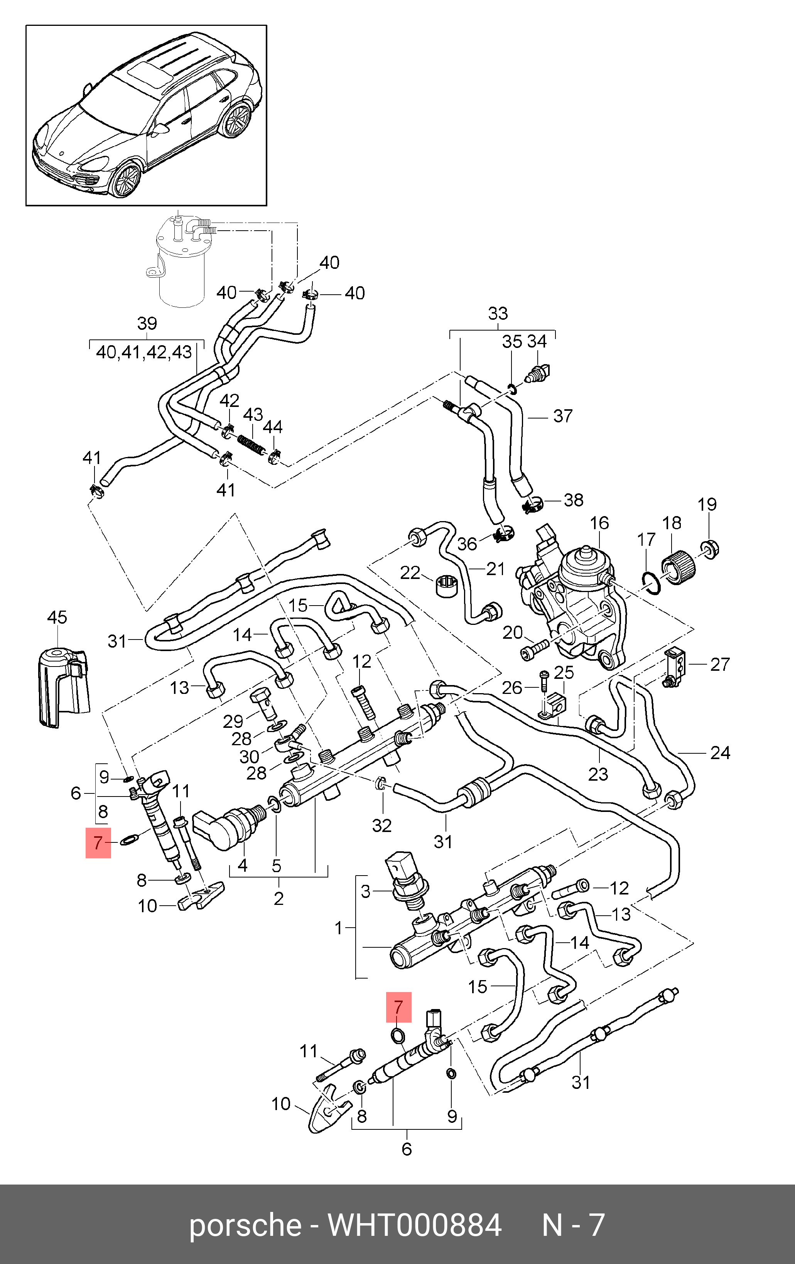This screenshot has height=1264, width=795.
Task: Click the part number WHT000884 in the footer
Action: point(414,1226)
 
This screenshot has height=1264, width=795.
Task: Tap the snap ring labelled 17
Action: point(651,583)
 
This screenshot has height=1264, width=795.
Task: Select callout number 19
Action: point(707,505)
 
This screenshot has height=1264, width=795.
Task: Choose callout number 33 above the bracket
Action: point(498,314)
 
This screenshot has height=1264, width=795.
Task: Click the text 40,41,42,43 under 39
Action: point(144,352)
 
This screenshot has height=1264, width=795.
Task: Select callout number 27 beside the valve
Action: point(720,665)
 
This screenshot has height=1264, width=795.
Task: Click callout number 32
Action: point(382,826)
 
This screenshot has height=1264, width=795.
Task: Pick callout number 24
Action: point(720,753)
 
